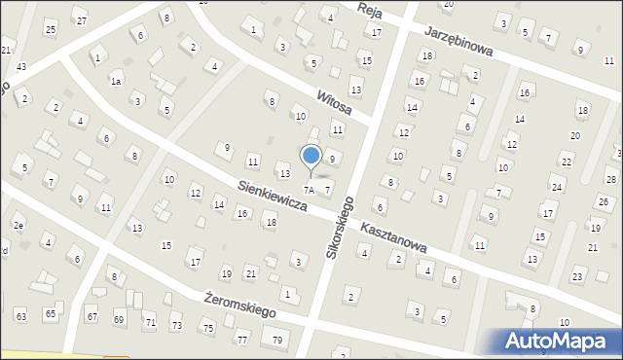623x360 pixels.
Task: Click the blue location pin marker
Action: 311,157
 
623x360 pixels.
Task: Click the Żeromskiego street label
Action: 240,306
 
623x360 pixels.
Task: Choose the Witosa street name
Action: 334,102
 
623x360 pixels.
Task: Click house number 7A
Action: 309,189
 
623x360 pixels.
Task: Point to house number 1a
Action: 116,82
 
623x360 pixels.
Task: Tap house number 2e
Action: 18,226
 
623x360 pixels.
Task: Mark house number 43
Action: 21,65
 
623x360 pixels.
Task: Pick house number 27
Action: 82,21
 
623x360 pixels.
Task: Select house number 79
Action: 277,340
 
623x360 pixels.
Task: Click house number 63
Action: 21,316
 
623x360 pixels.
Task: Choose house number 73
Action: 176,325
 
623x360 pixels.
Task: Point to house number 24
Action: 556,187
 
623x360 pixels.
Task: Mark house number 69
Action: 119,319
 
